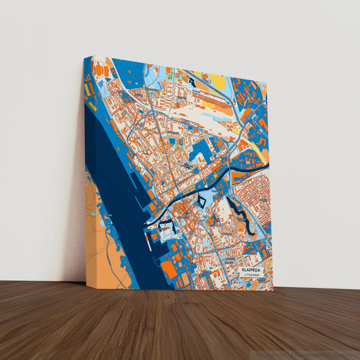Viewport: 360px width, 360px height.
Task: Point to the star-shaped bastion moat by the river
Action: [x=201, y=200]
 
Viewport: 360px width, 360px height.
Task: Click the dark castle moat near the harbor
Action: [x=170, y=227]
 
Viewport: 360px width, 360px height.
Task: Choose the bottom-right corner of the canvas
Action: [x=274, y=290]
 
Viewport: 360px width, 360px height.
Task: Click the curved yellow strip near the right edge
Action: [x=257, y=138]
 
